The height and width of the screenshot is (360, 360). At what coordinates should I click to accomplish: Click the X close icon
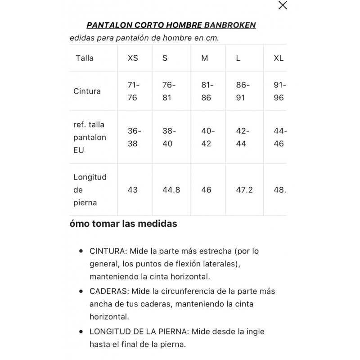click(x=283, y=5)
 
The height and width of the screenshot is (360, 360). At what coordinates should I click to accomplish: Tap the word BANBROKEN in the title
click(x=230, y=25)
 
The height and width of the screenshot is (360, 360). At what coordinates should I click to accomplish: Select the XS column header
click(x=133, y=58)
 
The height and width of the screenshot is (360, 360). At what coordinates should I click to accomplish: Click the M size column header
click(x=205, y=58)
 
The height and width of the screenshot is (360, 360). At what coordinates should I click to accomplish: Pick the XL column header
click(x=279, y=58)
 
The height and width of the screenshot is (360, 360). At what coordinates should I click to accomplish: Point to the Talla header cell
click(x=85, y=58)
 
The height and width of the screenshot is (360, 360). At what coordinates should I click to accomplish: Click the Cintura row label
click(x=87, y=91)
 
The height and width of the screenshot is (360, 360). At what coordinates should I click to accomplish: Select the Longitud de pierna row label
click(x=90, y=190)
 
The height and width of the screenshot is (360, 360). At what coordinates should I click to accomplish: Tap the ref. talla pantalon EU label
click(x=89, y=137)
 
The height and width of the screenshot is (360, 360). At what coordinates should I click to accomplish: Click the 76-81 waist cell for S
click(x=168, y=91)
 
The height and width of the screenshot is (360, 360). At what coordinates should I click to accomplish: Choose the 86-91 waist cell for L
click(x=243, y=91)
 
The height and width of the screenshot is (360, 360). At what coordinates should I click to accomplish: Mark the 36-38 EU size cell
click(x=134, y=137)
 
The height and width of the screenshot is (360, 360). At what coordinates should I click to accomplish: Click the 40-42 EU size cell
click(x=207, y=137)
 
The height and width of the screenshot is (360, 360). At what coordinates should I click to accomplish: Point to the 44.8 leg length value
click(x=171, y=190)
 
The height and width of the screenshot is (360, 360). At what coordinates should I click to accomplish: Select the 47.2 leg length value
click(x=244, y=190)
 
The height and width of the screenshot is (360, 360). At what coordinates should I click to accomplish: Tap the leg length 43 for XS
click(x=133, y=190)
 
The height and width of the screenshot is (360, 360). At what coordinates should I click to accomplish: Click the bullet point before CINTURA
click(x=81, y=251)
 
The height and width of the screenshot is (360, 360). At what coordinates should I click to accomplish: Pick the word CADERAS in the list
click(x=108, y=291)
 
